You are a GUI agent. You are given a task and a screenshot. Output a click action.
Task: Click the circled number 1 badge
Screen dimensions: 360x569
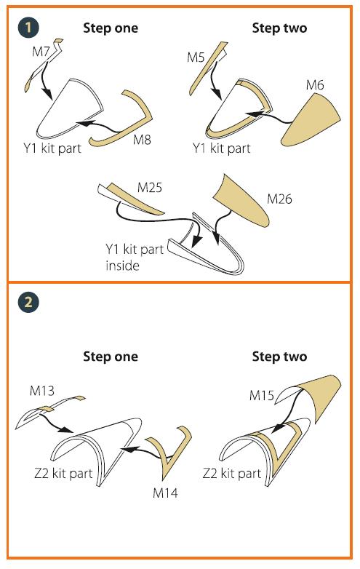coord(28,28)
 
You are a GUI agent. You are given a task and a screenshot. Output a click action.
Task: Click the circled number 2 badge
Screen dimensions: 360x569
coord(28,302)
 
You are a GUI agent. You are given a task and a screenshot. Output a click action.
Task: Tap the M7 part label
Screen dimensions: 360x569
coord(41,51)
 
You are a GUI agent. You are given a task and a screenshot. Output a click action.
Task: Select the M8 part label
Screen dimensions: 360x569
coord(142,139)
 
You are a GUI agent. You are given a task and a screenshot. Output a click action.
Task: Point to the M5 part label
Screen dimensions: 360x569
coord(196,57)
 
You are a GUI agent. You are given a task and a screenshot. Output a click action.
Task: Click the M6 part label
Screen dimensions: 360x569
coord(315,85)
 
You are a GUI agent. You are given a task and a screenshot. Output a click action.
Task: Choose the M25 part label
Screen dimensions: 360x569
coord(150,187)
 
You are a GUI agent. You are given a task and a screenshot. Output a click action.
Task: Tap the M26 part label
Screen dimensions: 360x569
coord(279,199)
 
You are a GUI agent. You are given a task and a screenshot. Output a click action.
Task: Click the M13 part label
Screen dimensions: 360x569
coord(42,391)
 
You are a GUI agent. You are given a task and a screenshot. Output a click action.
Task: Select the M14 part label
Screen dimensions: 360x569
coord(165,493)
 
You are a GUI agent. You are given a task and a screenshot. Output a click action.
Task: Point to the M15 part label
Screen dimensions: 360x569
coord(261,395)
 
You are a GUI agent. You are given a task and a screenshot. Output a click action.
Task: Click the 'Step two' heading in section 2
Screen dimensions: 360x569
coord(279,357)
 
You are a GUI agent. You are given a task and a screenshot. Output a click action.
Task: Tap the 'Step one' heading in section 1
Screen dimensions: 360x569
coord(111,28)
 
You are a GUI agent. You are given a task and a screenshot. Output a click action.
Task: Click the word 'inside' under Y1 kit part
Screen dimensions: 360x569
coord(122,266)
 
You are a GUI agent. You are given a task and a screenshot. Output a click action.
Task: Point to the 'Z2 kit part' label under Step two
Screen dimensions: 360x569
coord(232,473)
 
